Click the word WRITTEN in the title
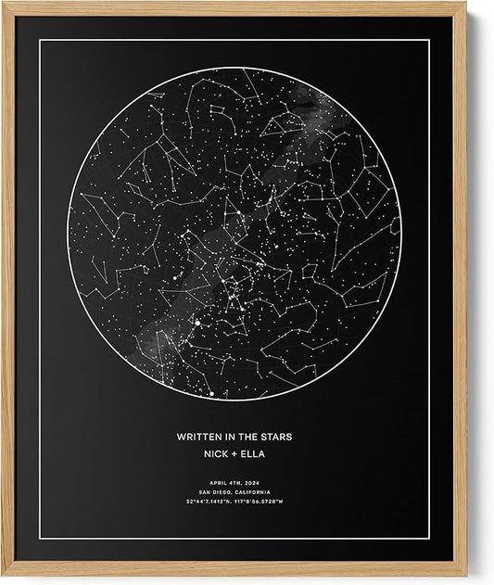(x=197, y=435)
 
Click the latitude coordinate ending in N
(x=208, y=502)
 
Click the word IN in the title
(x=230, y=435)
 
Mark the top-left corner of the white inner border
(x=39, y=40)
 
